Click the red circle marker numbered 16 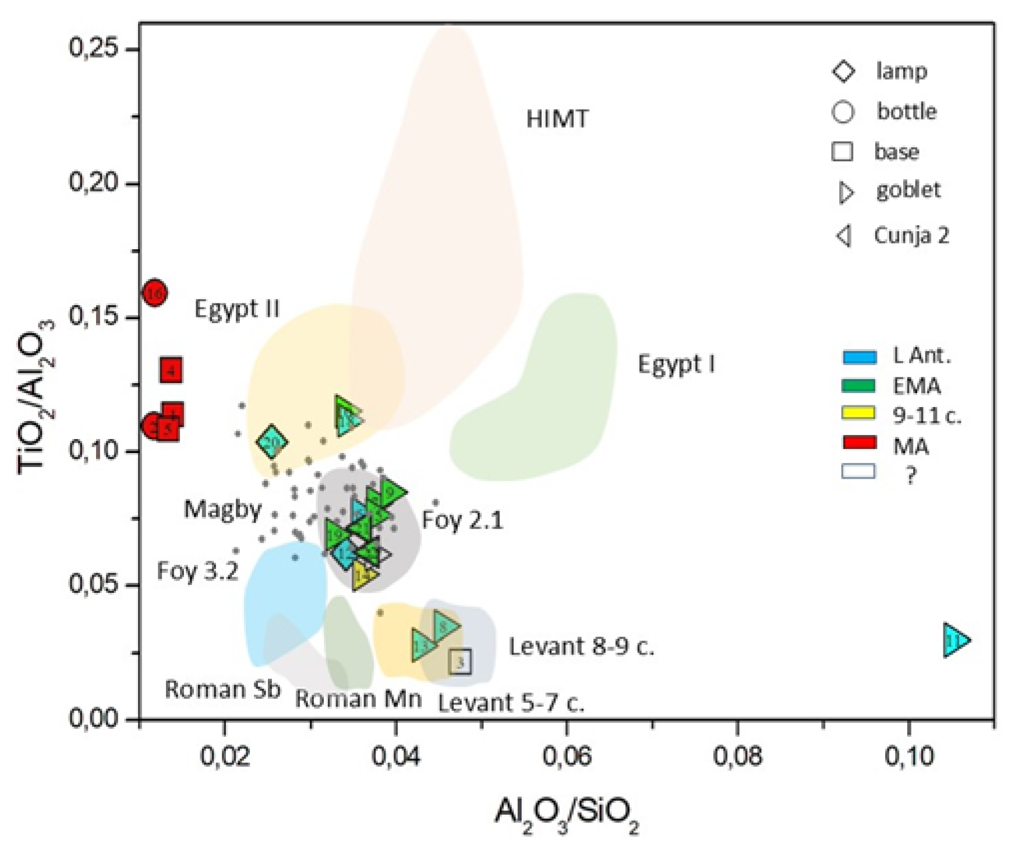pyautogui.click(x=155, y=292)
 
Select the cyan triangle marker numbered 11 pyautogui.click(x=955, y=640)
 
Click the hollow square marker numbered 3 pyautogui.click(x=460, y=662)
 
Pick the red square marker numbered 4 pyautogui.click(x=171, y=370)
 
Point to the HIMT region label pyautogui.click(x=557, y=119)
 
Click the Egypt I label pyautogui.click(x=676, y=364)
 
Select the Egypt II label pyautogui.click(x=237, y=308)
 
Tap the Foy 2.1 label pyautogui.click(x=462, y=519)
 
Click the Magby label pyautogui.click(x=222, y=509)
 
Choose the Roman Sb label pyautogui.click(x=222, y=689)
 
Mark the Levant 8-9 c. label pyautogui.click(x=581, y=646)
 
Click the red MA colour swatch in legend pyautogui.click(x=859, y=443)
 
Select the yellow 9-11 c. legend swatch pyautogui.click(x=859, y=413)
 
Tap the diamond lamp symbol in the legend pyautogui.click(x=844, y=71)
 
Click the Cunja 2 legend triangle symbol pyautogui.click(x=844, y=236)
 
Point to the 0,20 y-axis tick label pyautogui.click(x=95, y=182)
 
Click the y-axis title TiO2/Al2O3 pyautogui.click(x=36, y=396)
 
